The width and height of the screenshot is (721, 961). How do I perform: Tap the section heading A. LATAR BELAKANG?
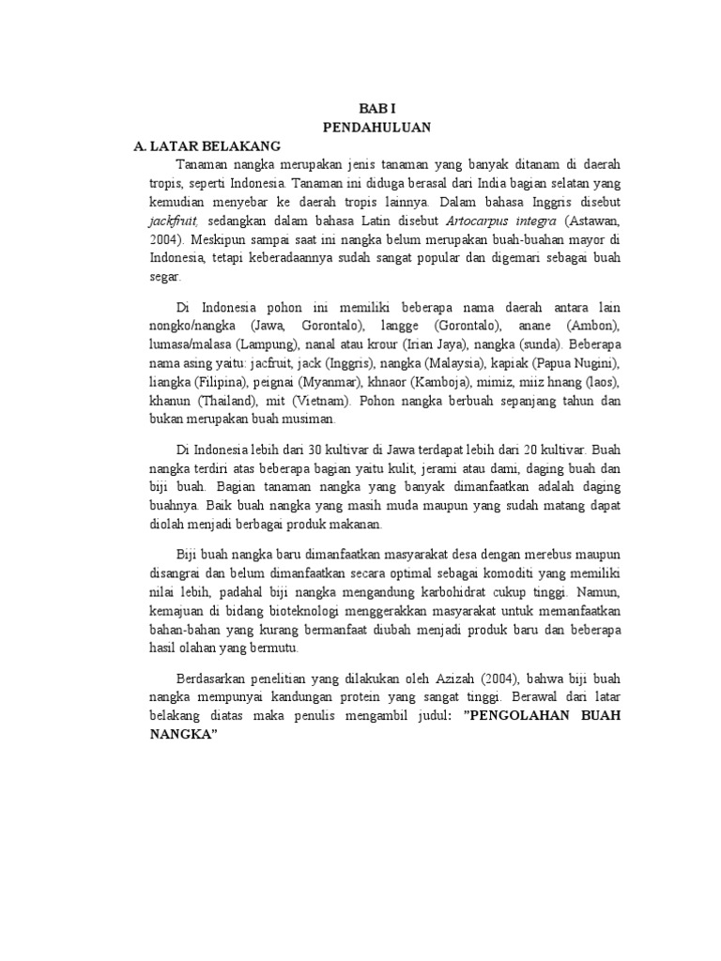[202, 146]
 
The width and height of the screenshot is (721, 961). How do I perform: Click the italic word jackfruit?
[172, 221]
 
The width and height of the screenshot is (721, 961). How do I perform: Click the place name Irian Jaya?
[431, 343]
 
